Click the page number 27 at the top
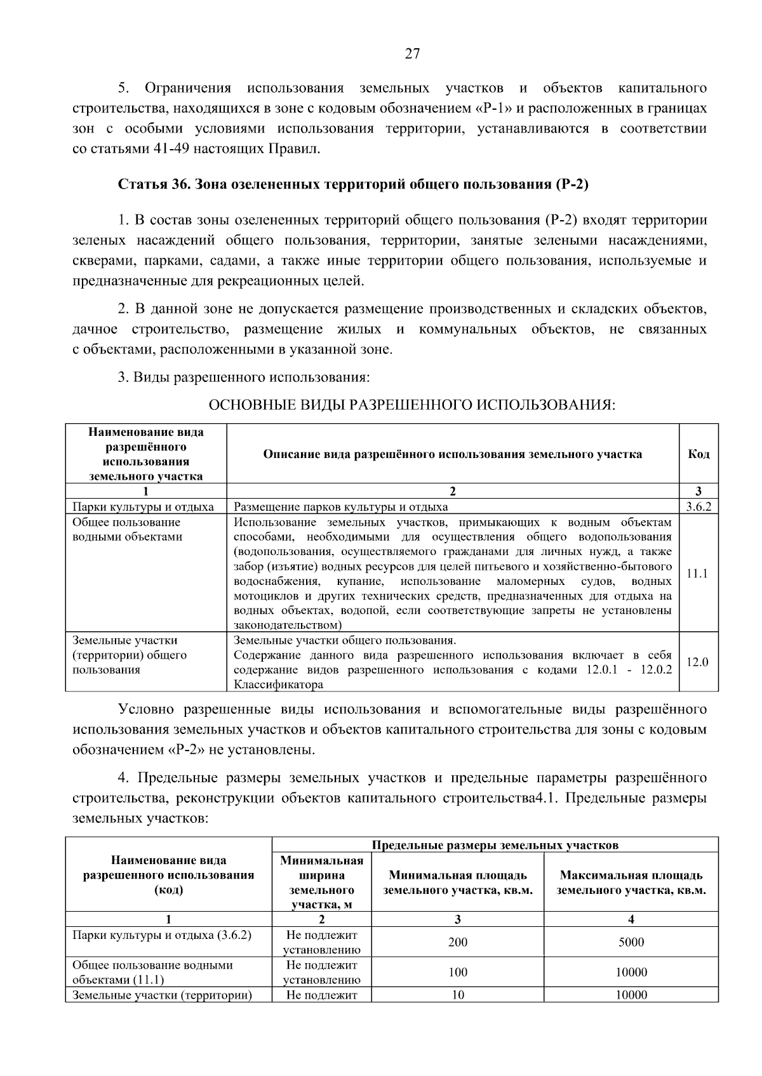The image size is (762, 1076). tap(412, 54)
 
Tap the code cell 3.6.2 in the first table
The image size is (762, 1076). tap(698, 506)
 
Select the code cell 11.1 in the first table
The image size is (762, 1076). tap(698, 573)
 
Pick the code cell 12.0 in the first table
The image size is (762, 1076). tap(698, 662)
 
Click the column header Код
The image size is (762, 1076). tap(698, 454)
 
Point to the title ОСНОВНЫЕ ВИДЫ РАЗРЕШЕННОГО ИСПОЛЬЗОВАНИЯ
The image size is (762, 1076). tap(412, 405)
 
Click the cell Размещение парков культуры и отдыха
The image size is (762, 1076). tap(341, 506)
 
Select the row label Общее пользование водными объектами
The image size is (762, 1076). tap(127, 529)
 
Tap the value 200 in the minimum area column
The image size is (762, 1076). tap(457, 942)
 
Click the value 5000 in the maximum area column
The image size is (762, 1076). tap(631, 942)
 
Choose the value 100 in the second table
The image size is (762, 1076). tap(457, 972)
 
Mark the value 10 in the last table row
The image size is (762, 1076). tap(457, 995)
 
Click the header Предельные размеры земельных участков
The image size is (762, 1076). tap(495, 845)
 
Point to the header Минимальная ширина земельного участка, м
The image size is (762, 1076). tap(322, 882)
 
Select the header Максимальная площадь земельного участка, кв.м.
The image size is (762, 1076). tap(631, 882)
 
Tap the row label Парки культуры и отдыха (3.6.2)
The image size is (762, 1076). tap(162, 935)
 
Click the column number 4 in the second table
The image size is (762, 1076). tap(631, 919)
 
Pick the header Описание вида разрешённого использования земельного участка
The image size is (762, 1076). tap(452, 454)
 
